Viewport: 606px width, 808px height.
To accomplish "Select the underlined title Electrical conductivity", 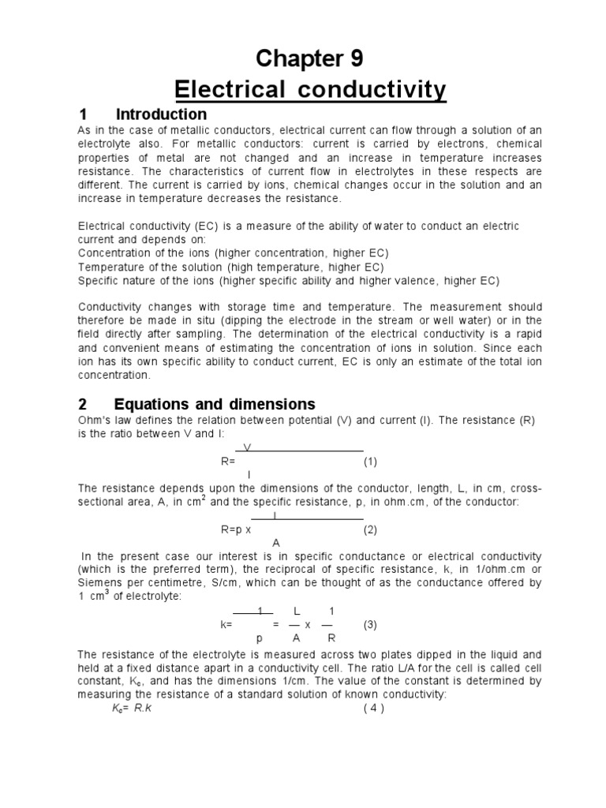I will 304,90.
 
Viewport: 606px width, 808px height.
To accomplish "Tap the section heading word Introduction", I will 161,114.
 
